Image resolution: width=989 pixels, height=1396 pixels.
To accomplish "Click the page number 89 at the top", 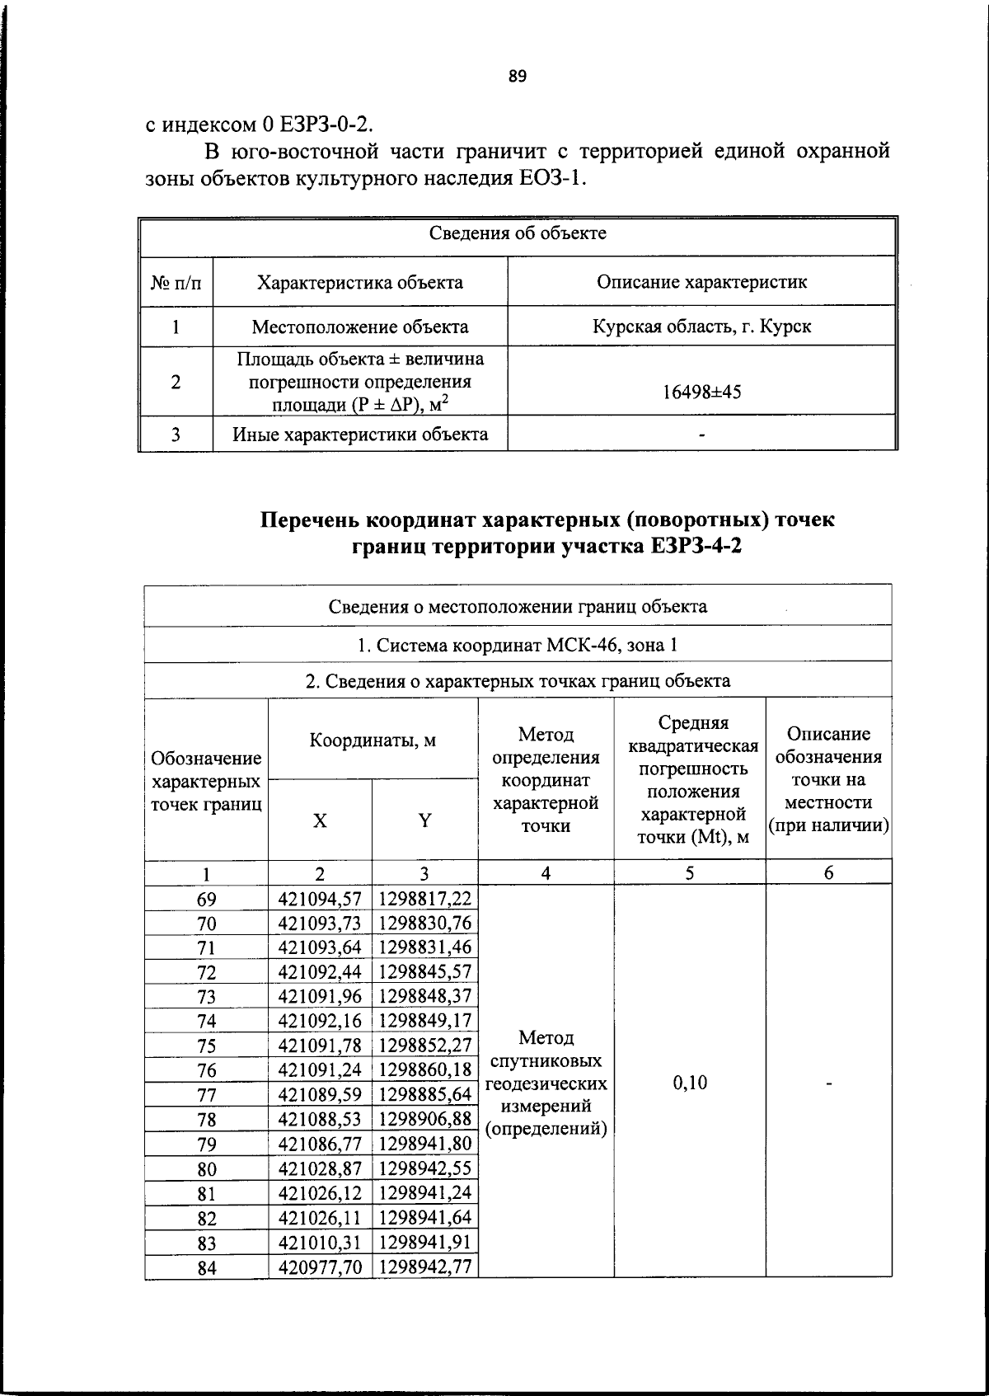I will pyautogui.click(x=518, y=77).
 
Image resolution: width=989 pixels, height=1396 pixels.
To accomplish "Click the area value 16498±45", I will pyautogui.click(x=701, y=392).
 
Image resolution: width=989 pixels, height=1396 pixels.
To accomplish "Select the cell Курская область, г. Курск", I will pyautogui.click(x=701, y=327).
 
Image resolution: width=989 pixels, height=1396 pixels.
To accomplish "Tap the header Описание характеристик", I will pyautogui.click(x=701, y=282).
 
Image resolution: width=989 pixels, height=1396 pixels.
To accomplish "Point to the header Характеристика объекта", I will pyautogui.click(x=360, y=282).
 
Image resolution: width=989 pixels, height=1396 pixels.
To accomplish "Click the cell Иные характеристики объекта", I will pyautogui.click(x=360, y=435).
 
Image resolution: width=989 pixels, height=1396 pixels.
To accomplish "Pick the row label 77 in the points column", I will pyautogui.click(x=206, y=1095).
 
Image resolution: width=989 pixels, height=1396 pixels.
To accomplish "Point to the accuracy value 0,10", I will pyautogui.click(x=690, y=1083).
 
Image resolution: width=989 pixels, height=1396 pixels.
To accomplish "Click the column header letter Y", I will pyautogui.click(x=424, y=820).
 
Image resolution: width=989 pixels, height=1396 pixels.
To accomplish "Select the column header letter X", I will pyautogui.click(x=320, y=820).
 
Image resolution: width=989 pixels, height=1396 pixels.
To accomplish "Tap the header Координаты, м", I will pyautogui.click(x=373, y=740).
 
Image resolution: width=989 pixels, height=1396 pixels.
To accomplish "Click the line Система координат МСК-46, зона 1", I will pyautogui.click(x=518, y=645).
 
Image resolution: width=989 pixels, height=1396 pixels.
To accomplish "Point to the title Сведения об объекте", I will pyautogui.click(x=518, y=233).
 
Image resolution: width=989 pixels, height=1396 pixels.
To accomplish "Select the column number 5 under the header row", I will pyautogui.click(x=690, y=873).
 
